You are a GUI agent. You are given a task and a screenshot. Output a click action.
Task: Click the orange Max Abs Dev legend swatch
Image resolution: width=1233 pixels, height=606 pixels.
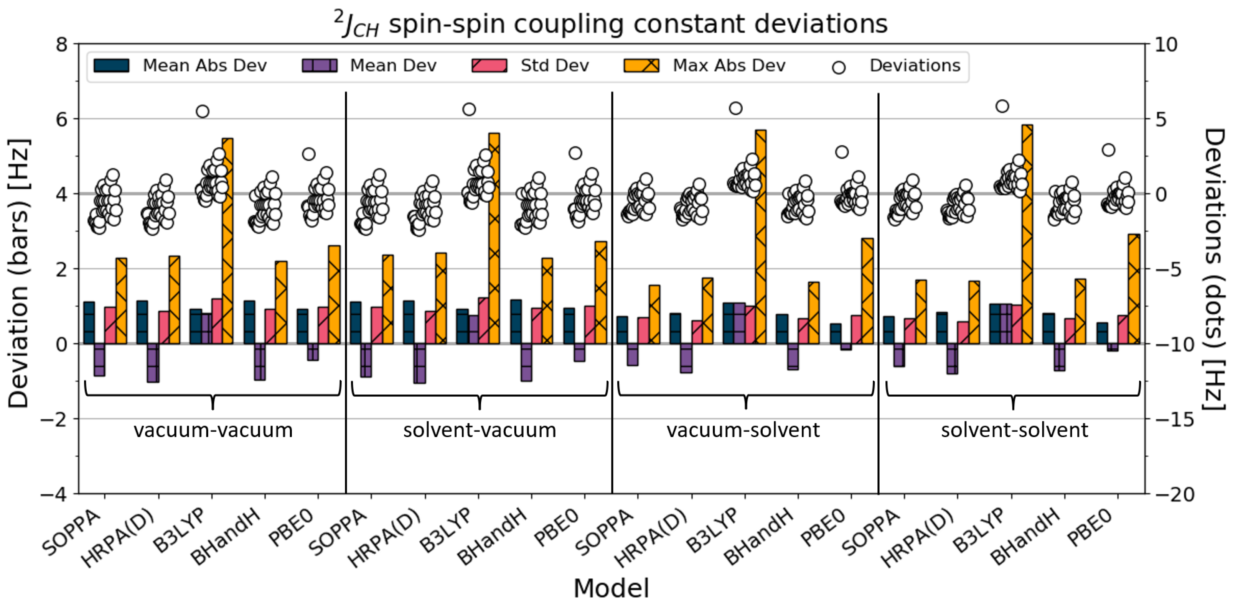641,66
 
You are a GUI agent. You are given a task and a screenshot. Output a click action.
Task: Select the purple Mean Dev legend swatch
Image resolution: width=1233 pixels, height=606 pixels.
319,66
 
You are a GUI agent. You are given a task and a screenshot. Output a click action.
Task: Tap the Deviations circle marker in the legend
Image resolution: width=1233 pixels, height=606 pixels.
839,67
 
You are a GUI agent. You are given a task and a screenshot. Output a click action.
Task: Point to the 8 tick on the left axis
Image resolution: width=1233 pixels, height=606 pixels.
62,44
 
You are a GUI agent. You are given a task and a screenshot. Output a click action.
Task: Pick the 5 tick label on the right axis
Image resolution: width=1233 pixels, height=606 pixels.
1161,119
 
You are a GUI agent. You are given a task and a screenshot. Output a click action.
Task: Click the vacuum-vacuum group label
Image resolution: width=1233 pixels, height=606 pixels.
213,430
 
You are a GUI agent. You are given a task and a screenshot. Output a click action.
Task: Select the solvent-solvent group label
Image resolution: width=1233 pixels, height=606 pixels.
1014,430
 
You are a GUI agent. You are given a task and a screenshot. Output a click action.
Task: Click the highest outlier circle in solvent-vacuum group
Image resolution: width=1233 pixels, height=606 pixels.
469,110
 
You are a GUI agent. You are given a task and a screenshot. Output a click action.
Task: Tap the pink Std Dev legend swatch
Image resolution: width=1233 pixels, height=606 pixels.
489,66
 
